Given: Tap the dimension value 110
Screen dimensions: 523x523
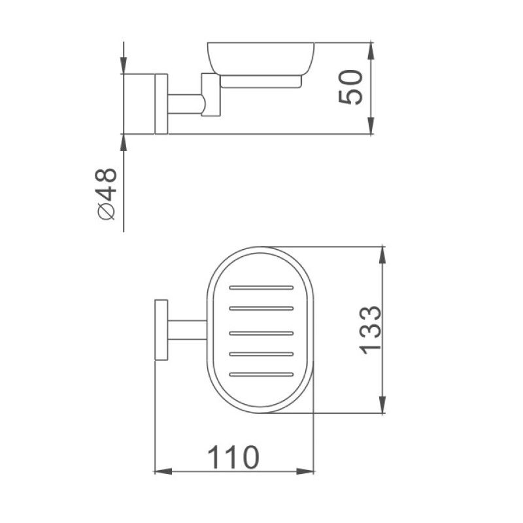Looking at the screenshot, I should [233, 458].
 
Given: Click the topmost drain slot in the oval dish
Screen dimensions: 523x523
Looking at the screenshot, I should [261, 287].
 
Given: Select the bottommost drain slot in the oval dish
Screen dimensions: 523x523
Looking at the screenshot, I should [261, 375].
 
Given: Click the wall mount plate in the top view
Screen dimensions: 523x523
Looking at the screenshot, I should [161, 330].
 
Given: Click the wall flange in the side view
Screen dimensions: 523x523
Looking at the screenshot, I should [161, 105].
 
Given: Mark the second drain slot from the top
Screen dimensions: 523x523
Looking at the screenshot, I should [261, 309].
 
